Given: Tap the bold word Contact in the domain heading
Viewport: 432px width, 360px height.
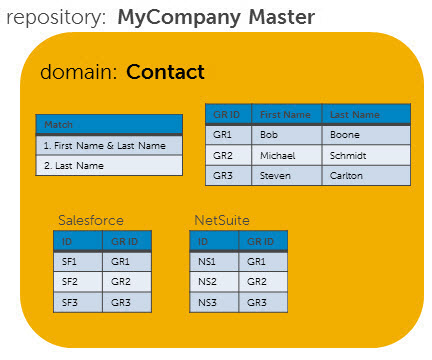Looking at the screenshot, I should point(165,72).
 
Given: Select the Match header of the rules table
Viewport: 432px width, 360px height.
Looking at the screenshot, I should point(109,125).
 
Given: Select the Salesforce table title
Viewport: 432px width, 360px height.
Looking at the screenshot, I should point(91,219).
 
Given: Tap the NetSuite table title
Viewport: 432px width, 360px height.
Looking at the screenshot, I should point(222,219).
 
